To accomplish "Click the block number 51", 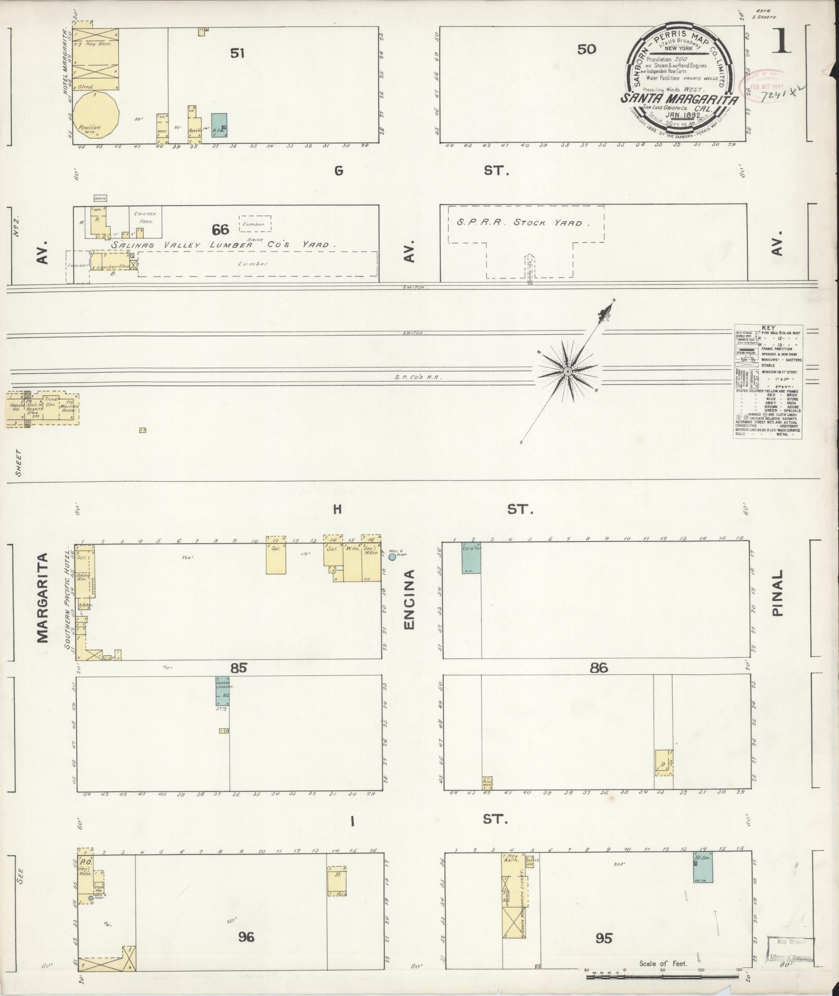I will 237,53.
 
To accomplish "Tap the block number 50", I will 586,50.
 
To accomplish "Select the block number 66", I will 221,230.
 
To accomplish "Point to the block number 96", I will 246,937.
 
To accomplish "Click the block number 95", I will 604,938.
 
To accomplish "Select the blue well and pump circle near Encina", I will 392,557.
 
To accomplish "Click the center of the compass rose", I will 568,371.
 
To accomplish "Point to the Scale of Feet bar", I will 663,977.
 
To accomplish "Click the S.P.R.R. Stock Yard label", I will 524,223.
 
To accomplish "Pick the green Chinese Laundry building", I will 223,691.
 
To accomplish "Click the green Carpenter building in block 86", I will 471,558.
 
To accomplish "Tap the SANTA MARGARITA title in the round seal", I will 678,98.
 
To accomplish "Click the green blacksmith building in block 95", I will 702,867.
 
